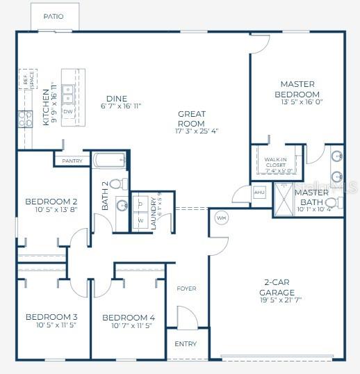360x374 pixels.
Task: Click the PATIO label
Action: point(54,16)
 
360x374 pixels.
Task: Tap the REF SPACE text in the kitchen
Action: point(28,82)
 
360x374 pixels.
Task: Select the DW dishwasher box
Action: point(68,111)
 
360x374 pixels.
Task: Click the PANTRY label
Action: point(72,161)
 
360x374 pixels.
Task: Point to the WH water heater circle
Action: point(222,217)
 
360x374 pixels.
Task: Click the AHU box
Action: point(259,192)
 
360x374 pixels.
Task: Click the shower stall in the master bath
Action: point(284,200)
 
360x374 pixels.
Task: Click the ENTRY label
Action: point(186,344)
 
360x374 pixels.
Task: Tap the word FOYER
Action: point(186,288)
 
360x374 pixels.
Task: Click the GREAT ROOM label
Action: point(191,119)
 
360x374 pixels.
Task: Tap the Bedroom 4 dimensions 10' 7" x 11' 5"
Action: point(129,326)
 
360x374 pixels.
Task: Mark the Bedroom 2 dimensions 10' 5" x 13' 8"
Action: point(52,210)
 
